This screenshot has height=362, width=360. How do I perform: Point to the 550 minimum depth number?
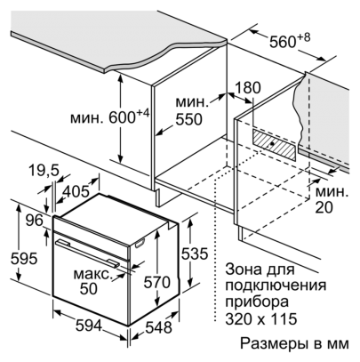click(x=188, y=119)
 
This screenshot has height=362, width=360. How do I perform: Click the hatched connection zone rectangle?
click(x=274, y=145)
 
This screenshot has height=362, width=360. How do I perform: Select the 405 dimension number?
click(x=76, y=191)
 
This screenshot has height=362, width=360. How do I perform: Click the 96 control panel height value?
click(x=34, y=221)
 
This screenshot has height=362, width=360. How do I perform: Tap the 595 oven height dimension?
click(x=24, y=259)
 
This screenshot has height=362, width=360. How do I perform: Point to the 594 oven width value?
click(x=89, y=326)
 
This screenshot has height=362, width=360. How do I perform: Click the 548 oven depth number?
click(x=158, y=327)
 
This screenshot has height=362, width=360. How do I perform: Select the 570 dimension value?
click(x=157, y=282)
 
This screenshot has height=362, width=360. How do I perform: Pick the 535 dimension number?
click(x=195, y=253)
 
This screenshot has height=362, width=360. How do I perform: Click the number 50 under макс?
click(x=89, y=288)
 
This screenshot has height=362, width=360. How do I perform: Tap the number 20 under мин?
click(x=324, y=207)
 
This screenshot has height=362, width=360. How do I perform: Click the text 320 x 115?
click(x=261, y=318)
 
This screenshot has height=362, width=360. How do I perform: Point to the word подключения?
click(x=276, y=286)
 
